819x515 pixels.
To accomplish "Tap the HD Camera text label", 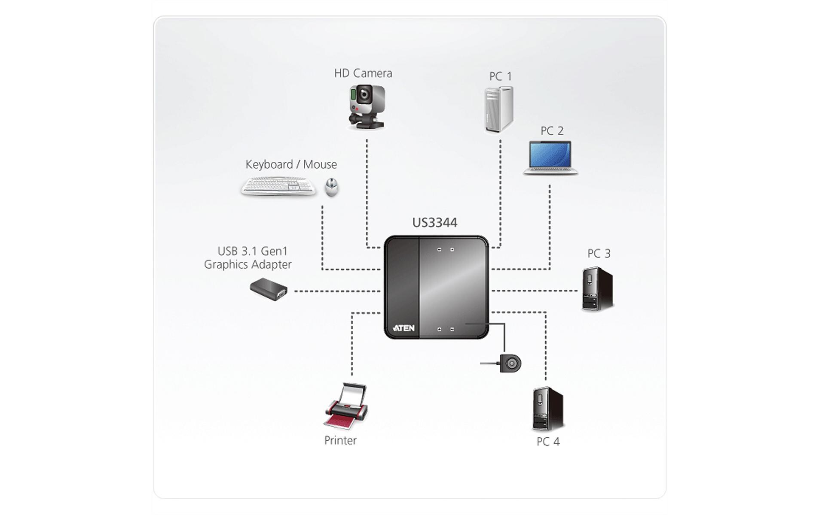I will coord(363,73).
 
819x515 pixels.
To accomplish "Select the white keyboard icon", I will coord(278,187).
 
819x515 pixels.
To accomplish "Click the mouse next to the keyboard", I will coord(331,187).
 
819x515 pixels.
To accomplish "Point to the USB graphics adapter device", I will coord(269,289).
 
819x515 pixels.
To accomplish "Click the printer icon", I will coord(346,406).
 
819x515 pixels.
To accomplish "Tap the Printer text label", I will coord(340,440).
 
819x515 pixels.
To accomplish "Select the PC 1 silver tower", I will coord(499,109).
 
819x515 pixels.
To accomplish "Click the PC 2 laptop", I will coord(550,158).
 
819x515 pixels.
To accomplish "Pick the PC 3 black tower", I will coord(597,288).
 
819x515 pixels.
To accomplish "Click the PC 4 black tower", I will coord(547,409).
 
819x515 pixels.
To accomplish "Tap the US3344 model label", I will coord(434,222).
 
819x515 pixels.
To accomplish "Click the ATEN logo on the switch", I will coord(404,328).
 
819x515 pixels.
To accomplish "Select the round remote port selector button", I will coord(511,364).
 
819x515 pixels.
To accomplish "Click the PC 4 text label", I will coord(548,442).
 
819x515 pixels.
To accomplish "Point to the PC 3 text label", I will coord(599,254).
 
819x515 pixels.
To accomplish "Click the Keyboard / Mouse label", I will coord(291,164).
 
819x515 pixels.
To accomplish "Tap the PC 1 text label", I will coord(501,76).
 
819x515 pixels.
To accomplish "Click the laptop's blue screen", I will coord(550,154).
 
